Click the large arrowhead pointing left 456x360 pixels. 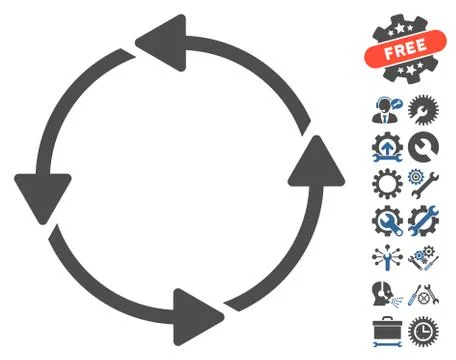point(160,41)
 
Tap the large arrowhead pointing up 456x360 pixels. point(312,167)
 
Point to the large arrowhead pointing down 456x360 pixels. point(43,190)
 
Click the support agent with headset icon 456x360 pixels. point(384,109)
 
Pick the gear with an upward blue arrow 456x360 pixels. point(384,145)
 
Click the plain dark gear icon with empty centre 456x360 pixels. point(384,182)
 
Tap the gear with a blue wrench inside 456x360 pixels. point(384,218)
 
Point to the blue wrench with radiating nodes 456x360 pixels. point(384,255)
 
